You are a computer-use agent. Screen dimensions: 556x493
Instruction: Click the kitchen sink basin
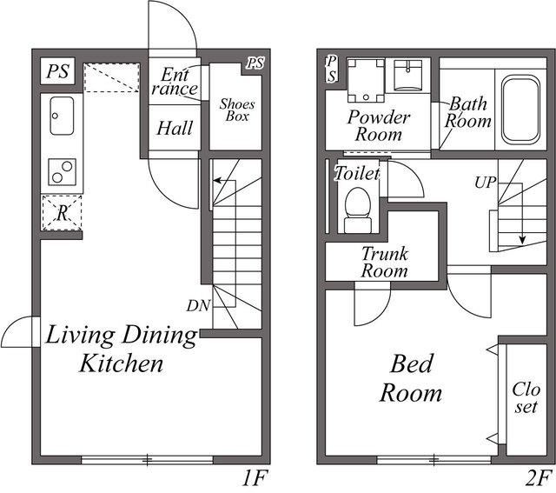[62, 116]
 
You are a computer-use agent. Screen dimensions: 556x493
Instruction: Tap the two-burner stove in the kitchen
[62, 172]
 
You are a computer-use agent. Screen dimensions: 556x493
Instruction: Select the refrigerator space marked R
[62, 213]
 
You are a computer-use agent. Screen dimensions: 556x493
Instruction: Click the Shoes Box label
[237, 110]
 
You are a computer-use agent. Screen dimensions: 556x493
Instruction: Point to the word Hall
[175, 128]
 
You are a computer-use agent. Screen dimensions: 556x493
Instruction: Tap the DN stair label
[199, 305]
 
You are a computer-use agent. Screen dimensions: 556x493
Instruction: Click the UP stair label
[486, 183]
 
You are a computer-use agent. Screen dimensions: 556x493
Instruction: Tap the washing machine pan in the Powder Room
[366, 81]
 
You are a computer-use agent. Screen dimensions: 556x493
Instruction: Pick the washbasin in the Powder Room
[408, 76]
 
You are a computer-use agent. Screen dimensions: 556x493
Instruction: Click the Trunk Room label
[385, 263]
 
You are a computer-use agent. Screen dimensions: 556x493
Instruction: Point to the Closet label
[526, 398]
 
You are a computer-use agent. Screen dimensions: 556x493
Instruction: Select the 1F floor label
[254, 477]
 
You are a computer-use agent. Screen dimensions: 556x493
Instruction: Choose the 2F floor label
[539, 477]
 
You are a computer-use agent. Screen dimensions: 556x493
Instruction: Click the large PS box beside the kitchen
[58, 71]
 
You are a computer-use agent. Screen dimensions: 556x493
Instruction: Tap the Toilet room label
[357, 174]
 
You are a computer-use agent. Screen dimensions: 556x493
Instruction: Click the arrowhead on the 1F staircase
[216, 180]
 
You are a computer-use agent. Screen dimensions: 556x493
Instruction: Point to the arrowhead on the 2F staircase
[521, 240]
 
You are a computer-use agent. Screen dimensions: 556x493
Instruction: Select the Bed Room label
[411, 378]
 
